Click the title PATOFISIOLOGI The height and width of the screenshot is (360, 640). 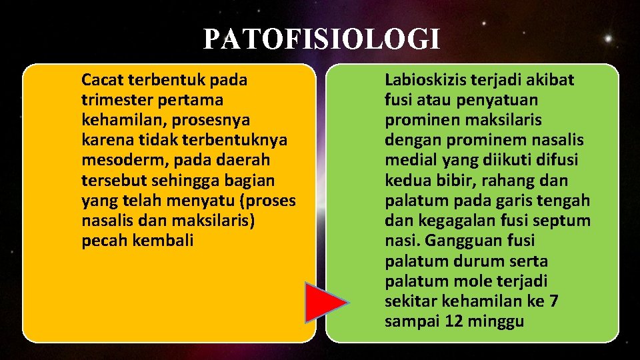click(321, 39)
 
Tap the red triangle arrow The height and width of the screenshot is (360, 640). click(324, 304)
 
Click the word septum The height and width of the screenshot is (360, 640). click(564, 221)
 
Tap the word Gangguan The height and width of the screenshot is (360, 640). click(453, 241)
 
